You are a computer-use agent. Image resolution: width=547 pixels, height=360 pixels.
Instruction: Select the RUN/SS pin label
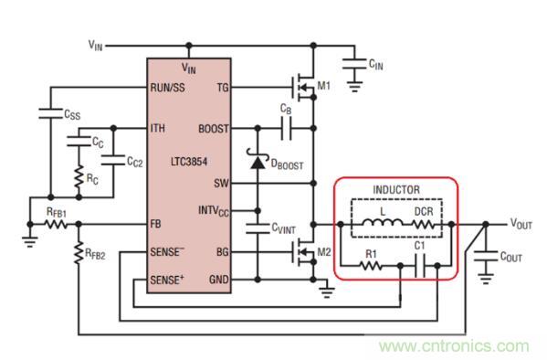tap(169, 88)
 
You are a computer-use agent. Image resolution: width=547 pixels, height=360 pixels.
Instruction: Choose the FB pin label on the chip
tap(156, 223)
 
